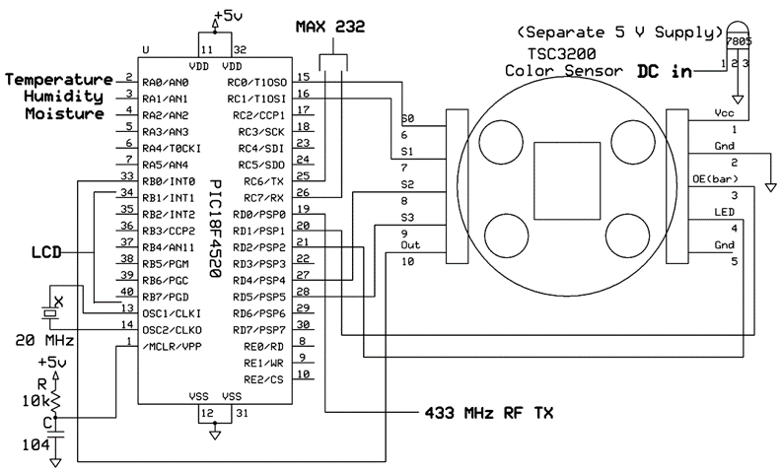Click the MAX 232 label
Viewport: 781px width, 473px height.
pos(330,27)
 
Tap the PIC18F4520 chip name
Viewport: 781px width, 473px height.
pos(215,229)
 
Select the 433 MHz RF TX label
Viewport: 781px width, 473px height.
pos(489,413)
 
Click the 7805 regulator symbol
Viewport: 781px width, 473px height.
pos(739,37)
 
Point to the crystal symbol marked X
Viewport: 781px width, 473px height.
pos(50,313)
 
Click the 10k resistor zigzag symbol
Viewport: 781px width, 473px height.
pos(56,399)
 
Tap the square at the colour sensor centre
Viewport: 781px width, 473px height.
pos(567,180)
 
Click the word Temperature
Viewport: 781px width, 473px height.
pos(59,80)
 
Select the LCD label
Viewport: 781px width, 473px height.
pos(46,252)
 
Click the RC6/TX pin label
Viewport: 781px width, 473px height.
pos(263,181)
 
